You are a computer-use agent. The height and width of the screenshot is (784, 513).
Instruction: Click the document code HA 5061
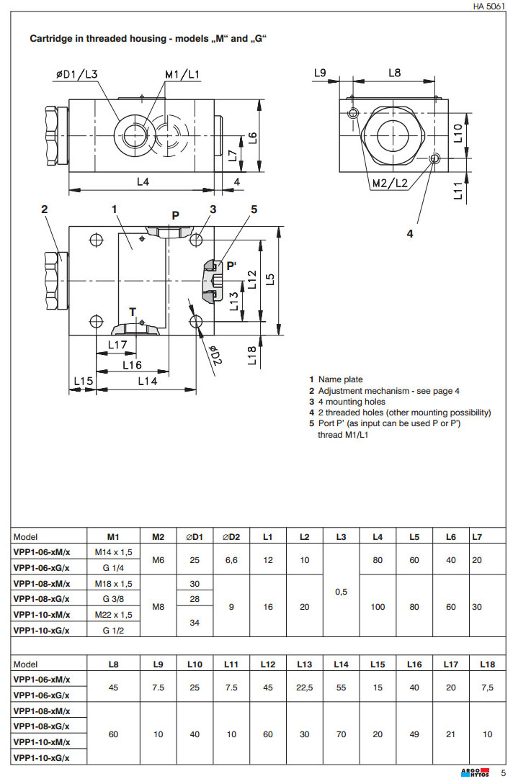[489, 6]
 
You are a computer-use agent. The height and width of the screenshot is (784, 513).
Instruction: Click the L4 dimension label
[143, 182]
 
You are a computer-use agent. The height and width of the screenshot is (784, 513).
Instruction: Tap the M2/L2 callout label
[390, 183]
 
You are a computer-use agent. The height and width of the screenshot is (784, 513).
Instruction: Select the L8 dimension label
[395, 73]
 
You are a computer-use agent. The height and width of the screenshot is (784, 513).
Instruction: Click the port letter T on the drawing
[133, 312]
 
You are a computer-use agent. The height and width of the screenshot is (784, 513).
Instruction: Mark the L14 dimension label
[147, 381]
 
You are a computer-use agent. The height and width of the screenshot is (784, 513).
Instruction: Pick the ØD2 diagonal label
[215, 356]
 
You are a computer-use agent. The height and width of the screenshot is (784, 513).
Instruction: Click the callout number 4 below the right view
[410, 233]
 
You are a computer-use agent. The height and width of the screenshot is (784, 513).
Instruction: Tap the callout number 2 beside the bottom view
[45, 209]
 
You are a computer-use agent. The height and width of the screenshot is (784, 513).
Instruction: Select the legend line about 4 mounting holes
[352, 402]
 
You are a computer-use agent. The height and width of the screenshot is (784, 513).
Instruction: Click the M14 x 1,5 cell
[114, 552]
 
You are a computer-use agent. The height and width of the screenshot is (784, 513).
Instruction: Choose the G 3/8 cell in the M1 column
[114, 599]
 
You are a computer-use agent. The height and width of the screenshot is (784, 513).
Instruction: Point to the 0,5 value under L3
[341, 591]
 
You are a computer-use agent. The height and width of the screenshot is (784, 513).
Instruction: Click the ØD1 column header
[195, 536]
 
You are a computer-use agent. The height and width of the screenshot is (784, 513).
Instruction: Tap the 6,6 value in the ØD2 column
[231, 560]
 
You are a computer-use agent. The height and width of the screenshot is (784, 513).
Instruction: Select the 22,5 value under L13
[305, 688]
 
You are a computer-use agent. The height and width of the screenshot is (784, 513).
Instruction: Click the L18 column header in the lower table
[487, 664]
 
